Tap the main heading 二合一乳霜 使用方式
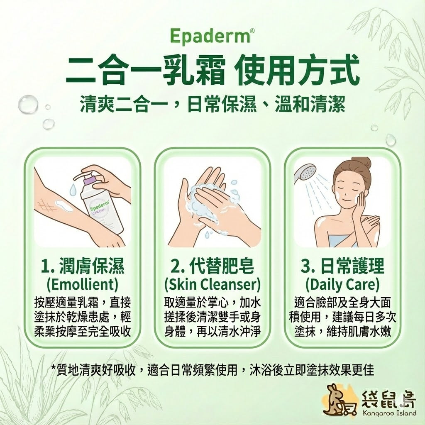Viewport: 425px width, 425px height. tap(212, 72)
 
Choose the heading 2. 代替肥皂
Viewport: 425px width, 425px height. tap(212, 266)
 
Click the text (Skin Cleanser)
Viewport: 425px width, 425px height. tap(212, 284)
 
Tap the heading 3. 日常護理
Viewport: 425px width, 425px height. tap(342, 266)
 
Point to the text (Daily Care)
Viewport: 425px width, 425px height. tap(342, 284)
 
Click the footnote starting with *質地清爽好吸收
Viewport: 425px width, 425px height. tap(212, 369)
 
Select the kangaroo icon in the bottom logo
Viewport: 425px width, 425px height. tap(335, 401)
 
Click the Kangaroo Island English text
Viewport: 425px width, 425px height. tap(389, 413)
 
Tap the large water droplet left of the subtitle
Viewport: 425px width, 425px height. tap(28, 104)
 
